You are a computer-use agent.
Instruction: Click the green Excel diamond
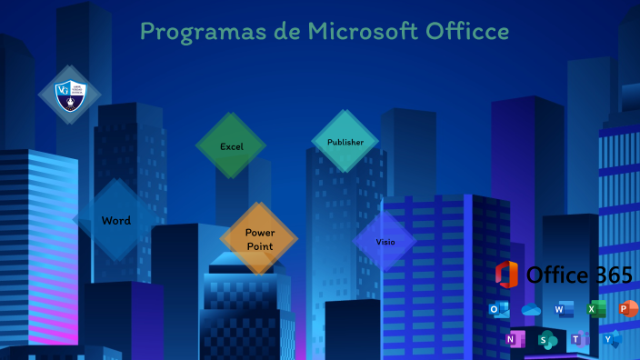[x=231, y=146]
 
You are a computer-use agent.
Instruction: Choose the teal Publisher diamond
[x=345, y=142]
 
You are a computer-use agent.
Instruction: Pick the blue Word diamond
[x=116, y=220]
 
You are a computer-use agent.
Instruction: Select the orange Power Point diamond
[x=259, y=239]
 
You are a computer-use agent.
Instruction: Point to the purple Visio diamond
[x=385, y=242]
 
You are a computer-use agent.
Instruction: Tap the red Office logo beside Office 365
[x=506, y=274]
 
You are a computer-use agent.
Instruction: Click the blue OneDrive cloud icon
[x=531, y=310]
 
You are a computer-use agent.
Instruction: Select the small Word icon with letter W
[x=564, y=310]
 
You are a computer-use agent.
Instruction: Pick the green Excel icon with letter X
[x=595, y=310]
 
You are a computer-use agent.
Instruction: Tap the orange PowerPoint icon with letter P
[x=627, y=310]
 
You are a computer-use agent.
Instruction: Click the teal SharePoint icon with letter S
[x=547, y=340]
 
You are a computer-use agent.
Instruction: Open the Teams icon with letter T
[x=579, y=340]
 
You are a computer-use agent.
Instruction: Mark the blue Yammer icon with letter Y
[x=612, y=340]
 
